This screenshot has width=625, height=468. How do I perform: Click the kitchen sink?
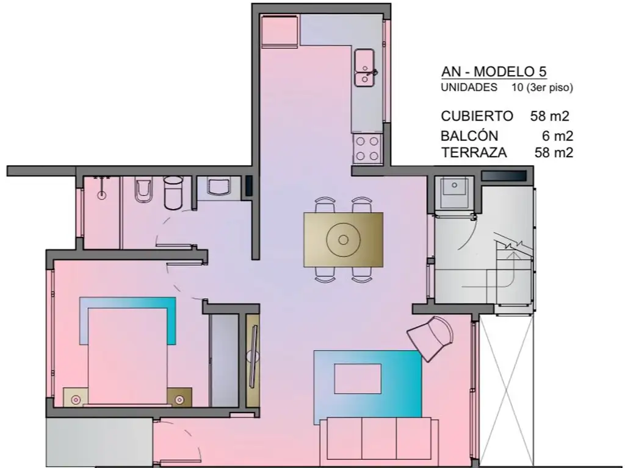(x=364, y=67)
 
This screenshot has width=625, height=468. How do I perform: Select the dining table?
(x=343, y=239)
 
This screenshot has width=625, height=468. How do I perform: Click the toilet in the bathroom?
(x=143, y=191)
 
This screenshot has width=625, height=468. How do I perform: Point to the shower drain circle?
(x=102, y=195)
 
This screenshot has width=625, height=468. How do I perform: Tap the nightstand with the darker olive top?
(x=179, y=397)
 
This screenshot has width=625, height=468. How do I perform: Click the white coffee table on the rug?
(x=358, y=379)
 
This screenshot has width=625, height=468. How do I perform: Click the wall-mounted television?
(x=253, y=356)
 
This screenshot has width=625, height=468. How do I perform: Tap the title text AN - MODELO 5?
(x=493, y=72)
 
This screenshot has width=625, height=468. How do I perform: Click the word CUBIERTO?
(x=477, y=116)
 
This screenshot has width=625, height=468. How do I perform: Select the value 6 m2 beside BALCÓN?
(x=557, y=136)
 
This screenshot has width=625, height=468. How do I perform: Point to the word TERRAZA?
(x=474, y=152)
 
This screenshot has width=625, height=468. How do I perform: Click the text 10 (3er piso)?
(x=542, y=88)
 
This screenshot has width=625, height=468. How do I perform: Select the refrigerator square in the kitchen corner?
(x=280, y=31)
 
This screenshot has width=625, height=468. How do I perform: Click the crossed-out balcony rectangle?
(x=506, y=392)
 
